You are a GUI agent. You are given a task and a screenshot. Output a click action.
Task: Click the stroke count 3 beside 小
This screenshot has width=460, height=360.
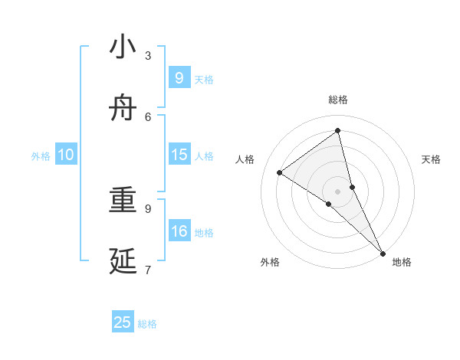click(x=148, y=55)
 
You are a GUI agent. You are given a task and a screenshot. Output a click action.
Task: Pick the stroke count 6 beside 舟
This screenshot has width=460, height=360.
click(x=148, y=116)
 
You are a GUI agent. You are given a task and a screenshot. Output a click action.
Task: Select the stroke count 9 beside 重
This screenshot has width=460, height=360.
click(x=148, y=208)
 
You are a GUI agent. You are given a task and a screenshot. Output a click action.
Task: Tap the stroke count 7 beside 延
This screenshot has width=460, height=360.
click(x=148, y=269)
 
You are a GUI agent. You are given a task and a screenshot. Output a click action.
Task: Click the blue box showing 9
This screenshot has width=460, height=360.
click(x=179, y=78)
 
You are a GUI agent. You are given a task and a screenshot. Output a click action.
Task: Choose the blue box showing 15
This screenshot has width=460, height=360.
click(x=179, y=155)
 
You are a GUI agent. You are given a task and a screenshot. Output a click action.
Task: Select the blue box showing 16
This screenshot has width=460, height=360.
click(x=179, y=231)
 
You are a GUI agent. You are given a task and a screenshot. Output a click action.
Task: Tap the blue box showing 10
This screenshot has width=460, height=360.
click(x=66, y=155)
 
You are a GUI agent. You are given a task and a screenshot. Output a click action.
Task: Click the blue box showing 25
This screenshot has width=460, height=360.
click(x=123, y=322)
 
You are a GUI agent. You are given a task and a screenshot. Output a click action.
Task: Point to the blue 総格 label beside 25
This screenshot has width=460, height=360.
click(x=147, y=324)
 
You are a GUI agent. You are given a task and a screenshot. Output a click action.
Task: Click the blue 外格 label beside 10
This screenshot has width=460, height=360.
click(x=41, y=156)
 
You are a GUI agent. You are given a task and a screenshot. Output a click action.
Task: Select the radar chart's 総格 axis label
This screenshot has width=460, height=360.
click(x=338, y=100)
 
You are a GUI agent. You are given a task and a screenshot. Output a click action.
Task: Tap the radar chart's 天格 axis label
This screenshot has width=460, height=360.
click(x=431, y=159)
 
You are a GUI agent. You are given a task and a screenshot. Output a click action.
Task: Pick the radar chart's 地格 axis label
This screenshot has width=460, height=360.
click(x=402, y=262)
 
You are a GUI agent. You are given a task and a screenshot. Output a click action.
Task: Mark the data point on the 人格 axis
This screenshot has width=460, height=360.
click(x=280, y=172)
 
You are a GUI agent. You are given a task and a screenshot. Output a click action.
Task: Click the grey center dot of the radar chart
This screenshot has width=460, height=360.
click(x=338, y=191)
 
